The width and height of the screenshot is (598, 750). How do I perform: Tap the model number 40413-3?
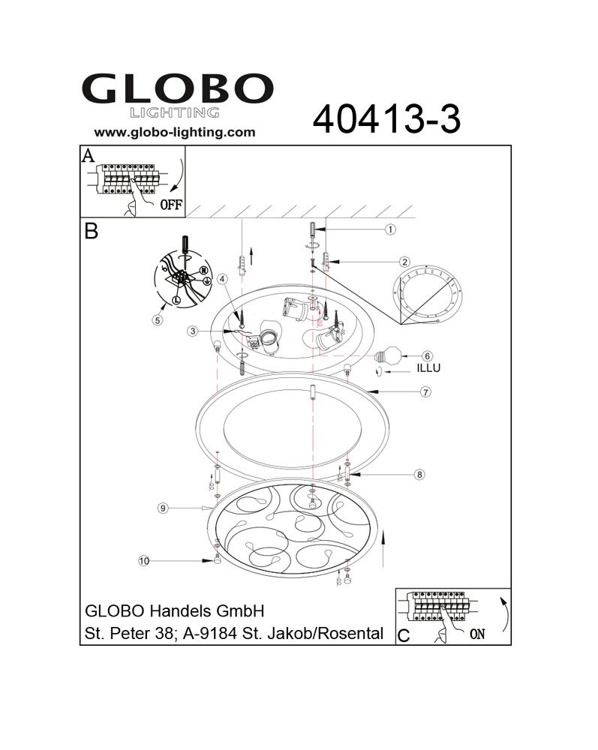click(x=386, y=119)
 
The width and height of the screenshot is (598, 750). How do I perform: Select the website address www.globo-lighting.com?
click(x=175, y=133)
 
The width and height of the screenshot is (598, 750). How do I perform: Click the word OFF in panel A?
click(x=171, y=205)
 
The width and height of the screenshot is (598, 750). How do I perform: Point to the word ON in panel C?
click(x=477, y=634)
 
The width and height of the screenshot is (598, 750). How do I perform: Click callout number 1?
click(x=390, y=229)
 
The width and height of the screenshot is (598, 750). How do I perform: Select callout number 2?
click(x=404, y=262)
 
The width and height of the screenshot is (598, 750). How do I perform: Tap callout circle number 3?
click(x=193, y=331)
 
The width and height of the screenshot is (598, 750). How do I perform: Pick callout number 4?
click(x=222, y=279)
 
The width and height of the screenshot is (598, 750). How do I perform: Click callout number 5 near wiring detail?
click(x=158, y=320)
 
